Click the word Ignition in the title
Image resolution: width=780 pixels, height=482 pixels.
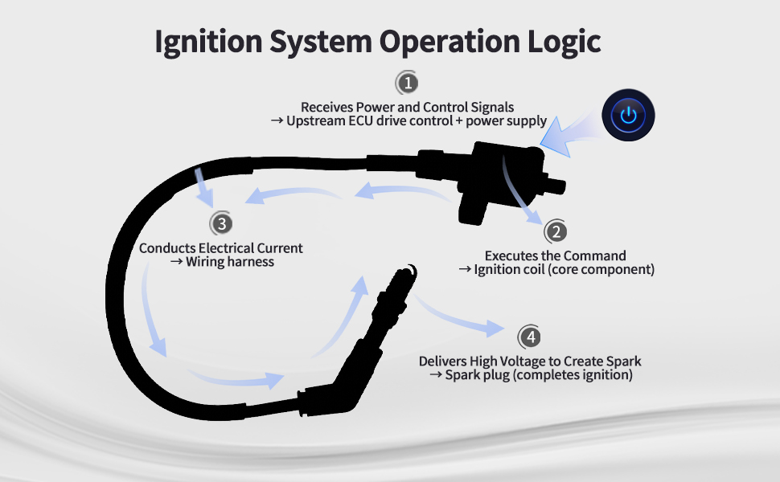coord(208,42)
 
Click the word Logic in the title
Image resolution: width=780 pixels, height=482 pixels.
coord(564,42)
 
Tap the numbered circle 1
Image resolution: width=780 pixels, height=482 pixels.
coord(408,83)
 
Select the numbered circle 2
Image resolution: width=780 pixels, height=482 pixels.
coord(556,231)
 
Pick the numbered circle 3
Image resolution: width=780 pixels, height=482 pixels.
coord(221,223)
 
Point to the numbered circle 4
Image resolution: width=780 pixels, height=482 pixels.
coord(530,337)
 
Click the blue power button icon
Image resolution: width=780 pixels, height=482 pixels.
coord(628,116)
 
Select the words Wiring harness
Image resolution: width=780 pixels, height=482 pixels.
coord(230,262)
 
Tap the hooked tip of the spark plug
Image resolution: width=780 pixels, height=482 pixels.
coord(412,272)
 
